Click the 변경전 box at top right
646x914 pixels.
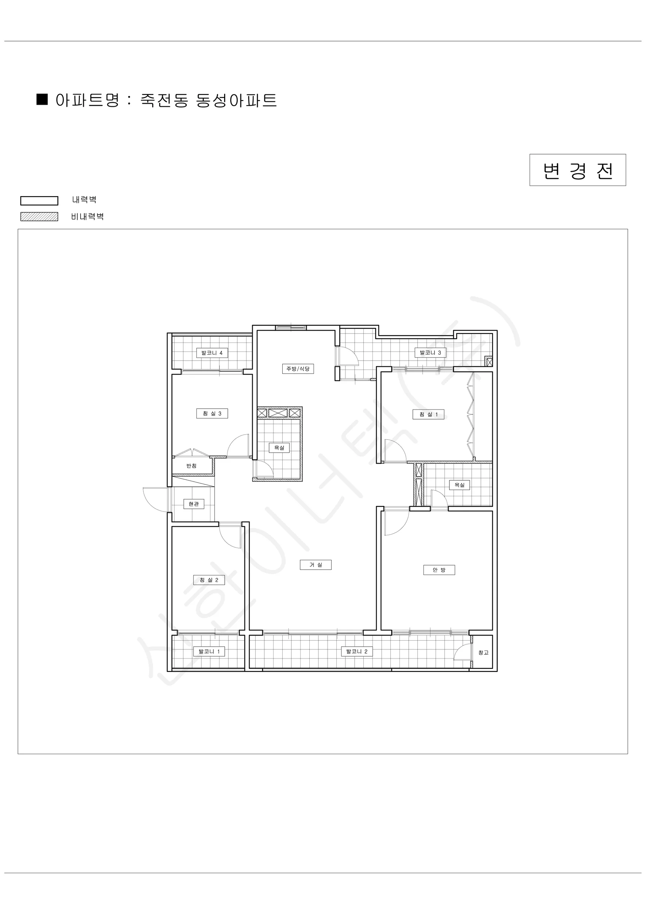click(x=577, y=170)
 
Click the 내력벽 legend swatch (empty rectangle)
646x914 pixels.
click(x=40, y=201)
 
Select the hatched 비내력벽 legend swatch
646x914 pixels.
click(x=40, y=217)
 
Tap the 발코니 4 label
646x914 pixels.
click(x=212, y=353)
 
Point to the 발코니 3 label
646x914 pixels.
click(x=430, y=352)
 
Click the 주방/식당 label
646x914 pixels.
click(x=298, y=369)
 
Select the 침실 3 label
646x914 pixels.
click(x=212, y=414)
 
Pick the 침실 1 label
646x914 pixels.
click(x=428, y=414)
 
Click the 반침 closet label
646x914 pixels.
click(x=191, y=466)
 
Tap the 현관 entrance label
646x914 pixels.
click(x=194, y=504)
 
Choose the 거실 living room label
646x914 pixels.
click(x=316, y=564)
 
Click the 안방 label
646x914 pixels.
click(x=439, y=570)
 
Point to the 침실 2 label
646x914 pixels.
click(x=209, y=580)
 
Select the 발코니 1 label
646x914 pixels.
click(x=209, y=651)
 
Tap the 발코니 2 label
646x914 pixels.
click(x=357, y=651)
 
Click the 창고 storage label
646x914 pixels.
click(x=483, y=652)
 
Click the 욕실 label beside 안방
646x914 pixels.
click(x=460, y=485)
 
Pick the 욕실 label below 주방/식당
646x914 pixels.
click(x=279, y=447)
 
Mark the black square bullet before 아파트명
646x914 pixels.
click(x=42, y=99)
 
